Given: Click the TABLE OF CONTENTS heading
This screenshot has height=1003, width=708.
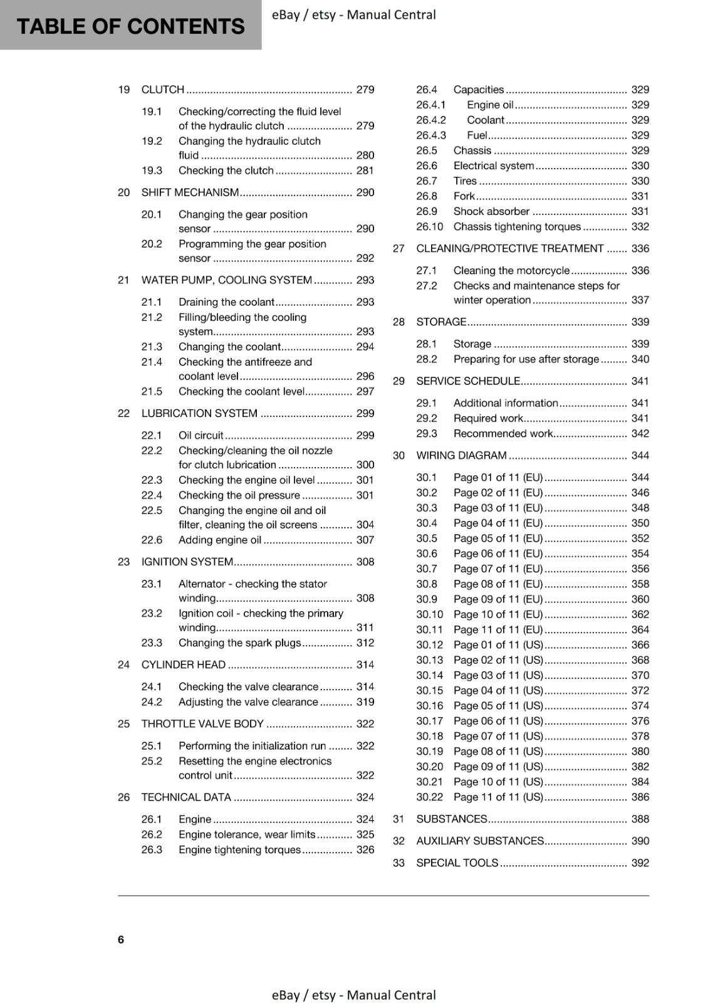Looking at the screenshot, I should [x=130, y=26].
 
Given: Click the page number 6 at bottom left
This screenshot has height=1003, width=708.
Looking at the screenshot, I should [x=121, y=939].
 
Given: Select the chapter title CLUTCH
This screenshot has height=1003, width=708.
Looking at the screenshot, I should [x=163, y=90].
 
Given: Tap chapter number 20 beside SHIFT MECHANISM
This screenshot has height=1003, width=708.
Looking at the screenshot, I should [x=123, y=192].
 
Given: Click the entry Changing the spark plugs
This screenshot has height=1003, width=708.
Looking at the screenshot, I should [x=239, y=643].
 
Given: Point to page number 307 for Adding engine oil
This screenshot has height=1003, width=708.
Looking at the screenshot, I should [x=365, y=540].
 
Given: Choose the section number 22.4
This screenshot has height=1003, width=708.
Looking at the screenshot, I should [x=152, y=495].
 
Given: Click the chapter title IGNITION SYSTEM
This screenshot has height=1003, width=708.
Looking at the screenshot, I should [x=187, y=562].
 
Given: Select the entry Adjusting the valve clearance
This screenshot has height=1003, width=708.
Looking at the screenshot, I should [x=248, y=702].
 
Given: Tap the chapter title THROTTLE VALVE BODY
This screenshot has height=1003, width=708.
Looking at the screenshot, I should [x=202, y=723].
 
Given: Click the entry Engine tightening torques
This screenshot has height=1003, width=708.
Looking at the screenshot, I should [x=239, y=849].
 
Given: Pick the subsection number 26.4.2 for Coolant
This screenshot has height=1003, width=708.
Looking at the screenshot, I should [x=431, y=120].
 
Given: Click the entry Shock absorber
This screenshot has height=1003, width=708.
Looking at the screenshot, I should [x=491, y=211].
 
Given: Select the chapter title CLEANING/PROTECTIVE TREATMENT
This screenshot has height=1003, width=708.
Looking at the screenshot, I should [x=509, y=248].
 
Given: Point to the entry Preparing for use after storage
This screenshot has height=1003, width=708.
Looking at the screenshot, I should [x=526, y=359].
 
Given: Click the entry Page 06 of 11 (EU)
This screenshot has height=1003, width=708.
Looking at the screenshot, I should [x=497, y=554].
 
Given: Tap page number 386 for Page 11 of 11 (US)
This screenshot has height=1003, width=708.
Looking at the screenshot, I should [x=640, y=797].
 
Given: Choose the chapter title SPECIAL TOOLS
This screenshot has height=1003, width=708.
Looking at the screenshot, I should [x=457, y=863].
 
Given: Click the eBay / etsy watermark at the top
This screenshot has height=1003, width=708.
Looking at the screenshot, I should [x=353, y=14].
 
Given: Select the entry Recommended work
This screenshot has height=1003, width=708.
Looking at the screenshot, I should [x=503, y=433].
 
